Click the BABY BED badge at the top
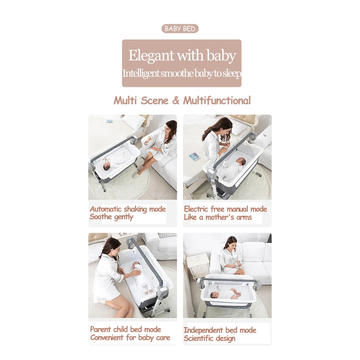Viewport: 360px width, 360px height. click(x=180, y=29)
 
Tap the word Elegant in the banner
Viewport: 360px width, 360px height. click(x=151, y=55)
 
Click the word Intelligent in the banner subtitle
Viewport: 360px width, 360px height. click(x=141, y=74)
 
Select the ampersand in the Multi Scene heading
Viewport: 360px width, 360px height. click(x=175, y=100)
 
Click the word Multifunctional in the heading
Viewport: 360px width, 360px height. click(x=217, y=100)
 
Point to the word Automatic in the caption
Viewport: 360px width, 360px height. click(x=106, y=209)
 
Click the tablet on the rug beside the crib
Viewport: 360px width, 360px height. click(x=194, y=157)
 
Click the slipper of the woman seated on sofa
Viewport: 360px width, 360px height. click(x=136, y=175)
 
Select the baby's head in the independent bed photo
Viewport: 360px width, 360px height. click(x=215, y=295)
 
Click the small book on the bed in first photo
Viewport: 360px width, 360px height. click(x=110, y=121)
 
